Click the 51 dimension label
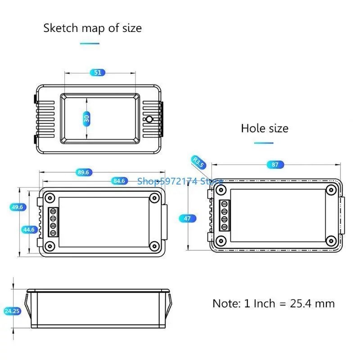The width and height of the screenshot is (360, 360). click(x=98, y=72)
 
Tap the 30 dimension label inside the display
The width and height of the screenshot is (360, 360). click(x=86, y=119)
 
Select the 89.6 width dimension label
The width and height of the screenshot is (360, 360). click(x=83, y=172)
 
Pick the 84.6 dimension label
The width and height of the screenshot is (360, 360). click(x=119, y=181)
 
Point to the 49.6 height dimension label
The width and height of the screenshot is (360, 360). click(x=18, y=207)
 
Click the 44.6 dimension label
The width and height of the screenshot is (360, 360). click(x=29, y=229)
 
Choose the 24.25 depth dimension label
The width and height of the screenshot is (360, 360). click(x=12, y=311)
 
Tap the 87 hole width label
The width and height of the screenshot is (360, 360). click(x=275, y=165)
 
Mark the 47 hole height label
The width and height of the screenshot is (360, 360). click(x=187, y=218)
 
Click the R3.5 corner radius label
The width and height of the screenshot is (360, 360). click(x=198, y=162)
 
